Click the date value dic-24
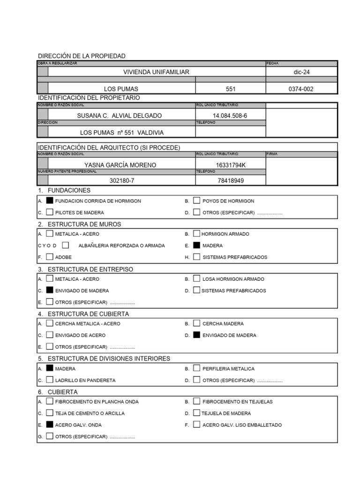click(x=301, y=72)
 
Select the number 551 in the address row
click(x=231, y=89)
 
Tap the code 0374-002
click(x=301, y=89)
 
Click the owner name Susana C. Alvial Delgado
click(x=120, y=115)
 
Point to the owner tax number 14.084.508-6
click(x=230, y=115)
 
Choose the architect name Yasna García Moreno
click(x=120, y=165)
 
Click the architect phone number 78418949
click(x=230, y=180)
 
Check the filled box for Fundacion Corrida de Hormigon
click(x=50, y=201)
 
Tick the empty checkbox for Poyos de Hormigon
click(x=197, y=201)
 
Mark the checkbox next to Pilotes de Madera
click(x=50, y=212)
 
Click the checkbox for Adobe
click(x=50, y=257)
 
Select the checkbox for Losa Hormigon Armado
click(x=197, y=279)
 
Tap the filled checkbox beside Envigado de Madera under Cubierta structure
click(x=197, y=335)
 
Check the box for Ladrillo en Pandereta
click(x=50, y=380)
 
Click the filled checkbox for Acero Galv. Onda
click(x=50, y=425)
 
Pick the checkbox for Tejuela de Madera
click(x=197, y=413)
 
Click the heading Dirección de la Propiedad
click(x=82, y=56)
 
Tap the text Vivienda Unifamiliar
click(x=156, y=72)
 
